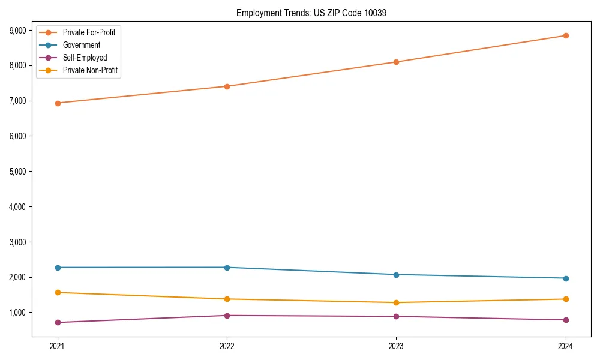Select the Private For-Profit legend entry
click(89, 32)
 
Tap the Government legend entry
click(82, 45)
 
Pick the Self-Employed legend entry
click(85, 58)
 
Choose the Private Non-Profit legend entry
click(90, 70)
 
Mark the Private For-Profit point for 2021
click(58, 103)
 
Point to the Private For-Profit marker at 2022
click(227, 86)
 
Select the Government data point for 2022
click(227, 268)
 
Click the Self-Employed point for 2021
click(58, 323)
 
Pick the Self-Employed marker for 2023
click(396, 316)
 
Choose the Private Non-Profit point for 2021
click(58, 293)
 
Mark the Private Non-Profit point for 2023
click(396, 302)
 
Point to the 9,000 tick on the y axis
click(21, 30)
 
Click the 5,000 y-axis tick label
click(21, 172)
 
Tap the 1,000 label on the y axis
click(21, 313)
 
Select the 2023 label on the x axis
click(396, 346)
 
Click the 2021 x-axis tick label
click(58, 346)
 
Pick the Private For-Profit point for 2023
click(396, 62)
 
